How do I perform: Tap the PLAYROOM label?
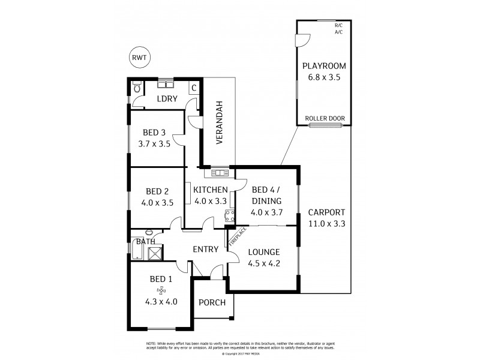click(x=325, y=66)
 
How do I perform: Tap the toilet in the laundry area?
click(x=136, y=88)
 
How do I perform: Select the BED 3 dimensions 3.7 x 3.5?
click(x=155, y=144)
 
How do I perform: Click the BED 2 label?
click(x=157, y=192)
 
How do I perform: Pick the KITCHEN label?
click(x=210, y=190)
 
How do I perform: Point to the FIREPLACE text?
click(x=235, y=237)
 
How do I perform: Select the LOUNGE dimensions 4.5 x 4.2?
click(x=264, y=262)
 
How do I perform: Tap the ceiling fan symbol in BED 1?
click(x=161, y=291)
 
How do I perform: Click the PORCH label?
click(x=213, y=302)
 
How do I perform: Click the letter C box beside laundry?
click(x=193, y=88)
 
